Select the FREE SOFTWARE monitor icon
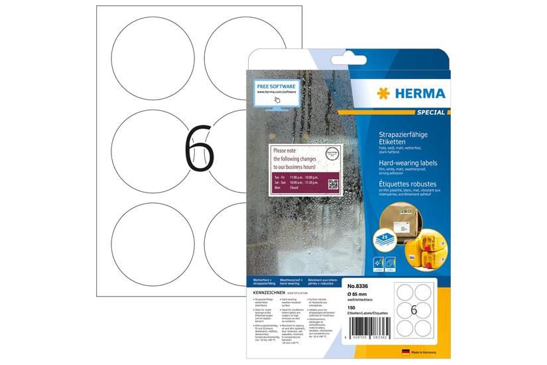tap(276, 94)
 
